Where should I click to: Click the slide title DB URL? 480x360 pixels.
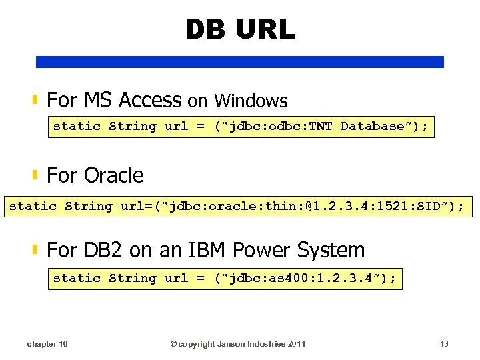tap(239, 30)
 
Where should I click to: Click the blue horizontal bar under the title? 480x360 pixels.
tap(239, 62)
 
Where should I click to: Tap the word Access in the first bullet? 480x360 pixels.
tap(150, 101)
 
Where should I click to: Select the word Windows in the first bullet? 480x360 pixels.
tap(251, 101)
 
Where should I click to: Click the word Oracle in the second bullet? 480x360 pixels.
tap(114, 175)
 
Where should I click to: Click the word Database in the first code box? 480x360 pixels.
tap(373, 126)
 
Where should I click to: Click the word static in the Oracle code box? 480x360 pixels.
tap(33, 206)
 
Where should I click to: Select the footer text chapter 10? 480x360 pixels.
tap(47, 344)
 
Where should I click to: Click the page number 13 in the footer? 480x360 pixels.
tap(445, 344)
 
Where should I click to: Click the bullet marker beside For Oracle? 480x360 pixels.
tap(35, 175)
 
